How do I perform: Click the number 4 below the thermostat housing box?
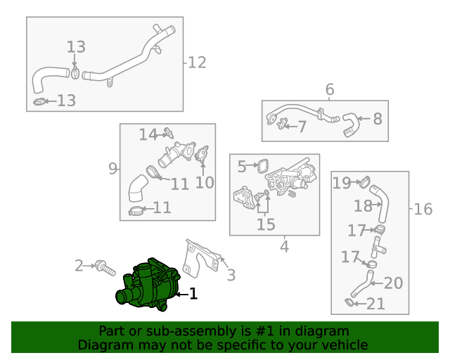[284, 246]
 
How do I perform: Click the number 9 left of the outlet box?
[112, 168]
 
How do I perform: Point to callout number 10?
[204, 183]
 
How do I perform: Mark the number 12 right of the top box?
[197, 63]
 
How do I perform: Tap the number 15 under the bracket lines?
[266, 224]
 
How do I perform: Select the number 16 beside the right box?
[423, 209]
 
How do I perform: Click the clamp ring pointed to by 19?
[365, 184]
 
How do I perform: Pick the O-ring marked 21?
[349, 302]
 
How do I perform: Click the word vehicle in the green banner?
[344, 345]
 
